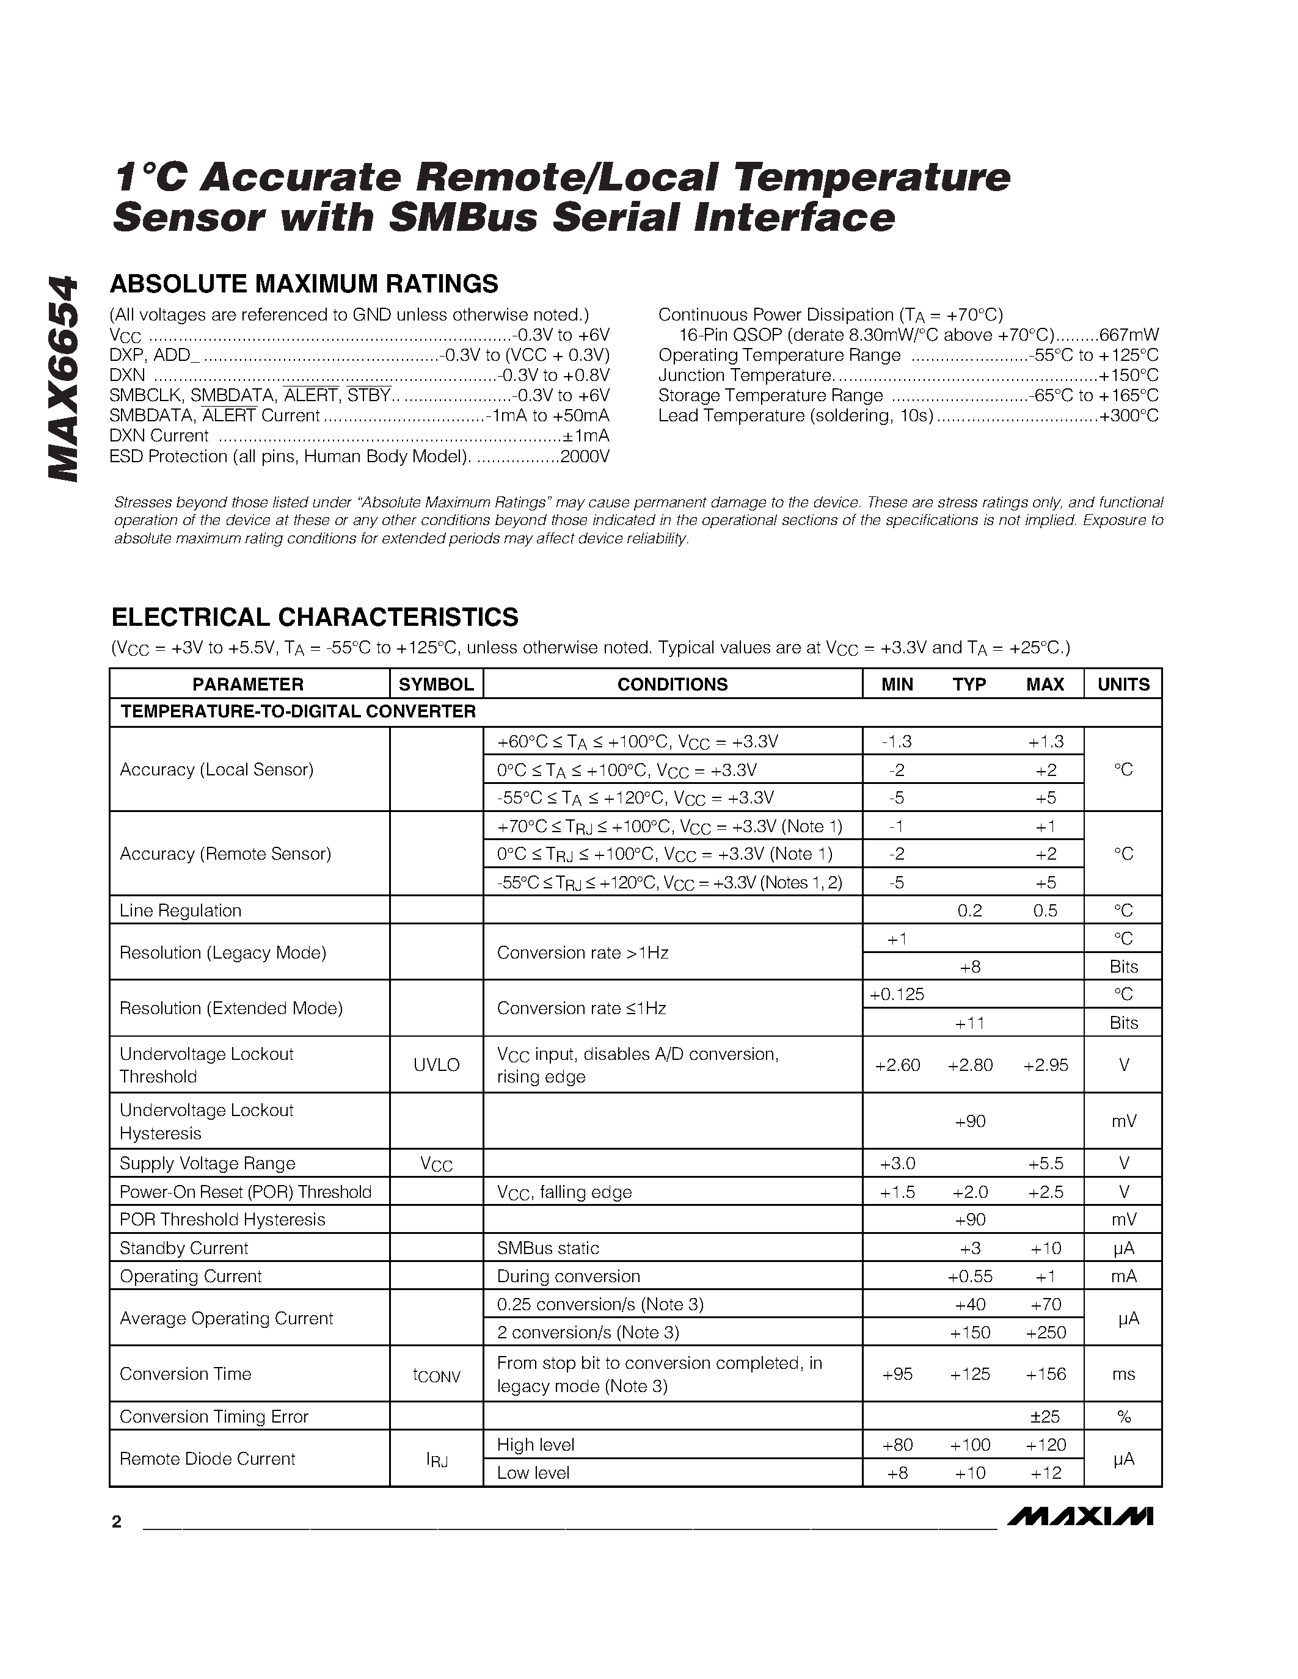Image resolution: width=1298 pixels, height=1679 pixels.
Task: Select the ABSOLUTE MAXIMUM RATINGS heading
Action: [304, 284]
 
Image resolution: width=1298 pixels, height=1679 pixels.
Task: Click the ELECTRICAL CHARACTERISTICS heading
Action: [315, 617]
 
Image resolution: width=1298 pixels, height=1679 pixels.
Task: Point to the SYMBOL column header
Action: [436, 684]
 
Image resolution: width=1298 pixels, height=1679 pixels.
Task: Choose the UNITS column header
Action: [1123, 684]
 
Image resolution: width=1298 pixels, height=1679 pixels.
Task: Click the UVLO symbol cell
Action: [436, 1065]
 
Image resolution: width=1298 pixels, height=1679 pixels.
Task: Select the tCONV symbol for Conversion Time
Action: [436, 1376]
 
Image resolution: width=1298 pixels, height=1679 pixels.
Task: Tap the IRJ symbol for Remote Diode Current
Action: [437, 1460]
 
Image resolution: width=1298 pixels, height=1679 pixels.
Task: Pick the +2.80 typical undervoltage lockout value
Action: [969, 1065]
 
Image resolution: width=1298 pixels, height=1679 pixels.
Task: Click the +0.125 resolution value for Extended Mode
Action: [897, 994]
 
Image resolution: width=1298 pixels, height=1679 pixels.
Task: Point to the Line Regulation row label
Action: [181, 910]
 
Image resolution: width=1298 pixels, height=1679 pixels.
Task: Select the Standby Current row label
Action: [184, 1248]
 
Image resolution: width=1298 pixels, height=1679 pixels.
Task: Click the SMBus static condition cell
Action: [547, 1248]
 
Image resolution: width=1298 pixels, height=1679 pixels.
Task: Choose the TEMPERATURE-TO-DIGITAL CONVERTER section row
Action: [298, 712]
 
